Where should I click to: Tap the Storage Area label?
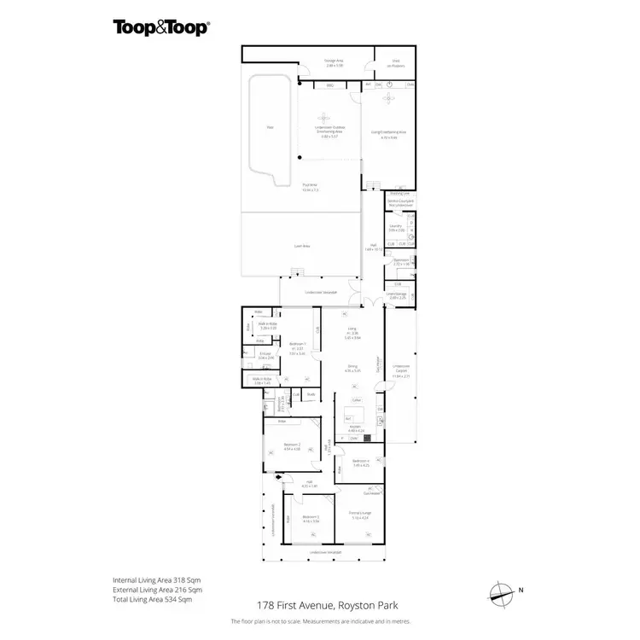click(333, 62)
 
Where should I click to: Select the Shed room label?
click(397, 62)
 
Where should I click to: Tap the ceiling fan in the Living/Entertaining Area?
click(389, 99)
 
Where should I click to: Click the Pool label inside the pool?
click(270, 128)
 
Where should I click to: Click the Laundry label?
click(395, 228)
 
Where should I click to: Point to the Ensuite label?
click(265, 356)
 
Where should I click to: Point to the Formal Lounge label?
click(359, 516)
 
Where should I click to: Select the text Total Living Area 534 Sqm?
click(157, 600)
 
